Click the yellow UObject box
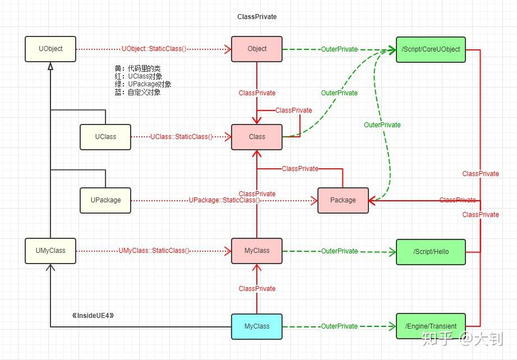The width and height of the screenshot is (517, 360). pos(50,49)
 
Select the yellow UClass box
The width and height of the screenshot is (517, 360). pos(105,137)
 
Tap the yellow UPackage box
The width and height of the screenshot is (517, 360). pos(105,200)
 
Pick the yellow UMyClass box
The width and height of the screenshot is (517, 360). pos(50,251)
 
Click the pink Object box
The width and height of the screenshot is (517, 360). pos(257,49)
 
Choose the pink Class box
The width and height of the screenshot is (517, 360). pos(257,137)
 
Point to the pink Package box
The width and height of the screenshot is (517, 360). pos(343,200)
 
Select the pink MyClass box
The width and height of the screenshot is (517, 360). pos(257,251)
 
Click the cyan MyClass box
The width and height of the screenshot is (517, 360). pos(257,326)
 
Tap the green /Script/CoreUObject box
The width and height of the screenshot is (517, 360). pos(431,49)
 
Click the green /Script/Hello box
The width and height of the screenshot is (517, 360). pos(431,251)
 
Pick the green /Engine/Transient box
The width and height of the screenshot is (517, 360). pos(431,326)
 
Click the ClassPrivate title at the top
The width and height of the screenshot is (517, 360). pos(257,17)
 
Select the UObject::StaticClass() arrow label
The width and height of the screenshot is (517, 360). pos(154,49)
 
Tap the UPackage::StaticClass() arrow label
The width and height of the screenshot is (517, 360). pos(224,200)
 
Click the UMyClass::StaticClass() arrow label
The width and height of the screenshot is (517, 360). pos(154,251)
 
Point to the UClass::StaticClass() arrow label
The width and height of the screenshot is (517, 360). pos(181,137)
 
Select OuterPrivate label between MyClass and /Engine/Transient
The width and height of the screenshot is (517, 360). pos(339,326)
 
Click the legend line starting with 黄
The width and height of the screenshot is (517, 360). pos(137,68)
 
